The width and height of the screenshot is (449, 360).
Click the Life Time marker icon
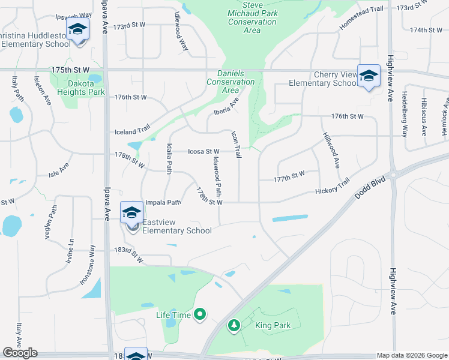(200, 314)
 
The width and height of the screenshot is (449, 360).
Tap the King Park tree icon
(234, 325)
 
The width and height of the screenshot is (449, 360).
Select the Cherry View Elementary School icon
(369, 76)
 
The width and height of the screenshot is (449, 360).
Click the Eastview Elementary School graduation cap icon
(132, 212)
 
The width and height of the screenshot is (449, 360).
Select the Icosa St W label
(203, 152)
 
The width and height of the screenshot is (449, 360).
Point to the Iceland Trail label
(132, 131)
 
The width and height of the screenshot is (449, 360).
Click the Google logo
(20, 353)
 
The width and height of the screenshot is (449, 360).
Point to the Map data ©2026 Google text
(412, 355)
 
